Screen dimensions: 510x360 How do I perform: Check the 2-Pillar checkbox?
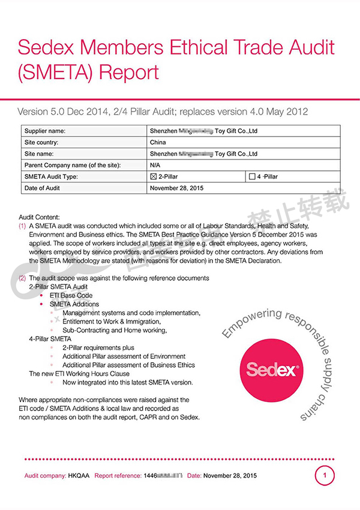(x=153, y=177)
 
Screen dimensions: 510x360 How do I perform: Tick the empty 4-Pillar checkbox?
(x=251, y=177)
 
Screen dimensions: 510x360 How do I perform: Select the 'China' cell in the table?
(x=158, y=142)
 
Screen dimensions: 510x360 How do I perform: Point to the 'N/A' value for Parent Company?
(x=155, y=165)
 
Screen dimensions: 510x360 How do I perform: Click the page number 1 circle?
(x=325, y=476)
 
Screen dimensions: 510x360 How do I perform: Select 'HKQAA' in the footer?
(x=79, y=476)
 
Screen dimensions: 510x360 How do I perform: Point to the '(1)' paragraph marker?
(x=22, y=226)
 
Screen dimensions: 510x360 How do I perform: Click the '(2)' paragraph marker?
(x=22, y=278)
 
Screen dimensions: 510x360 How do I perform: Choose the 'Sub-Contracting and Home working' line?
(x=115, y=330)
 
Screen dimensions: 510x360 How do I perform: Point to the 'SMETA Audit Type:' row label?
(x=51, y=177)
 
